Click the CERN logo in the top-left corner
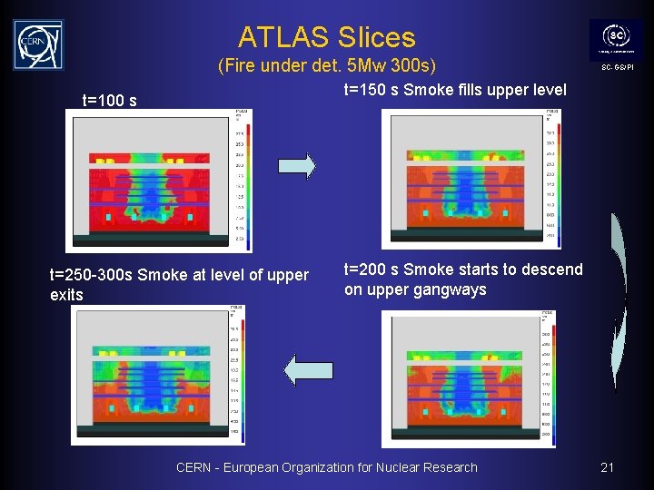(x=38, y=44)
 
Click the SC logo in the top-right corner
(x=616, y=39)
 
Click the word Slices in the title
(x=374, y=37)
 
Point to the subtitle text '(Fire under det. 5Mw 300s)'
(x=327, y=66)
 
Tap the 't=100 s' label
(x=110, y=100)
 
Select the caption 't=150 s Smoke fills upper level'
(x=454, y=90)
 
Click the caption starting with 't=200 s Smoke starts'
(x=463, y=279)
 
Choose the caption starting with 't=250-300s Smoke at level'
(x=179, y=285)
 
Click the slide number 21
(x=607, y=467)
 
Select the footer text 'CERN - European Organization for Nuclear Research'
(x=326, y=467)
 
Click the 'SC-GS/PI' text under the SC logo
(x=616, y=68)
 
